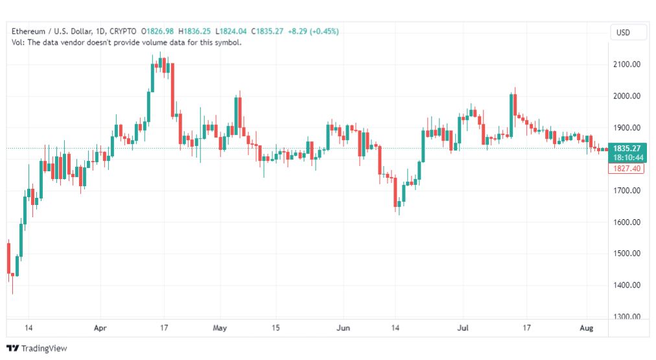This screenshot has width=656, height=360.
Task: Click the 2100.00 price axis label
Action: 627,64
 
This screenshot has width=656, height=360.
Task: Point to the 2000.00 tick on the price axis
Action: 627,96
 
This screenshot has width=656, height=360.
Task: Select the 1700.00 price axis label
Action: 627,191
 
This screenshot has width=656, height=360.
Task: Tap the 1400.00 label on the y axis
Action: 627,285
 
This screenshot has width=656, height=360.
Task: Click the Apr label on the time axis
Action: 100,328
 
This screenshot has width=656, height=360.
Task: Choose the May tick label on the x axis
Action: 220,328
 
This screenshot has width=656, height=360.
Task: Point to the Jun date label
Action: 343,328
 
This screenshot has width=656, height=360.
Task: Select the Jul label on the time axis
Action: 463,328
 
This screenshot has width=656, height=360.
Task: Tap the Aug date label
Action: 587,328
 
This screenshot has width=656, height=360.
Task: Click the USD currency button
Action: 623,32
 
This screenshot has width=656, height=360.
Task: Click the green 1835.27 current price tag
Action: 627,153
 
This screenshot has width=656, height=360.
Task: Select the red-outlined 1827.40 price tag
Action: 626,169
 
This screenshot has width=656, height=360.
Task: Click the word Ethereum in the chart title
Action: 28,31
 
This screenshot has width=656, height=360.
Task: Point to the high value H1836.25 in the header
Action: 194,31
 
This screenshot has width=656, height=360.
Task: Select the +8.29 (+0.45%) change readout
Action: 313,31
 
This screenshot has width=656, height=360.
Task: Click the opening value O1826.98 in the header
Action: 158,31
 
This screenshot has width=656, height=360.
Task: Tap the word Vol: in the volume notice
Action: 18,42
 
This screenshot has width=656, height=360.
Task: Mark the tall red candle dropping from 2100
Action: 172,90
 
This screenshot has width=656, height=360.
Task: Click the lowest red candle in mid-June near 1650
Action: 395,192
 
